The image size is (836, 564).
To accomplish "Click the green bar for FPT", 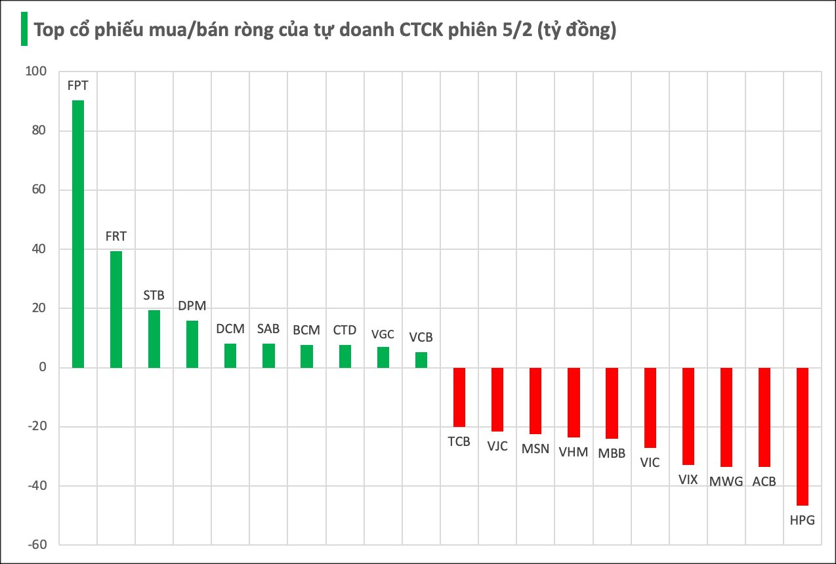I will [77, 233].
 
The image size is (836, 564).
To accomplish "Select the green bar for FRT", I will [115, 309].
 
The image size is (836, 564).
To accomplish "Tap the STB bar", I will [154, 338].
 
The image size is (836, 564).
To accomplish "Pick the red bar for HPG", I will [803, 436].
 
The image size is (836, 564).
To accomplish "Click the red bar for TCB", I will [459, 397].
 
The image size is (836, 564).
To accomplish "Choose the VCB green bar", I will [421, 360].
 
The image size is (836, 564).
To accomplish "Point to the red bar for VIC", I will [650, 407].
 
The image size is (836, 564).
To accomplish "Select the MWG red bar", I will [726, 417].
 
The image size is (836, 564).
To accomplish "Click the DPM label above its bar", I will [192, 306].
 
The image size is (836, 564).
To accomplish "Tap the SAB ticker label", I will [268, 329].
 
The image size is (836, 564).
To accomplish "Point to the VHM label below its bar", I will [574, 452].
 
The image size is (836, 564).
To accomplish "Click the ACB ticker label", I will [764, 481].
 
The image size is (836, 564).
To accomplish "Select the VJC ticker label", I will [497, 446].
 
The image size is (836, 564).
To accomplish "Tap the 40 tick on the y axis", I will [39, 249].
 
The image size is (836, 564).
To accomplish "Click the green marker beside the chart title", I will [24, 30].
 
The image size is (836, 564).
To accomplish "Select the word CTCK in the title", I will [419, 31].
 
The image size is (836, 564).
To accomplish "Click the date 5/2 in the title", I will [514, 31].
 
